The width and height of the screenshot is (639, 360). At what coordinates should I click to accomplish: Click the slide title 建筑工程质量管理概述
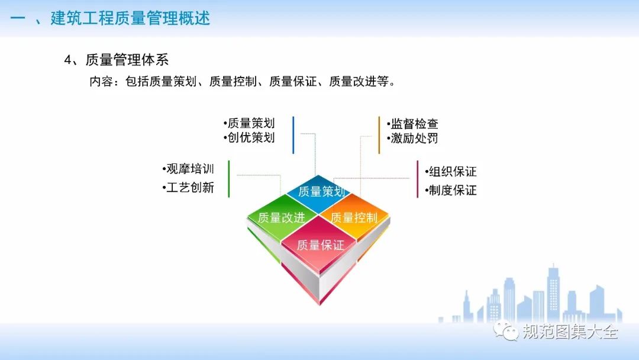130,18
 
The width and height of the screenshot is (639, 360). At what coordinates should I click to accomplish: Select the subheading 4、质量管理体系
116,60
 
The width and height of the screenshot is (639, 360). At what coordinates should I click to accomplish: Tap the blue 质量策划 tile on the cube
318,192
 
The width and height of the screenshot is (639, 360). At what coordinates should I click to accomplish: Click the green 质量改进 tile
282,218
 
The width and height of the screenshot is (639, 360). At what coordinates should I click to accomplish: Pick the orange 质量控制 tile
354,217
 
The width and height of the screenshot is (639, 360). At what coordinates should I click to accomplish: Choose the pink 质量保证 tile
320,245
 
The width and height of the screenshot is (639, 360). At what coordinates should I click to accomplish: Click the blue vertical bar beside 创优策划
293,136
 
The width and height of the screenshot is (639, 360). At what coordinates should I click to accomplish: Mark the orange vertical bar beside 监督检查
379,136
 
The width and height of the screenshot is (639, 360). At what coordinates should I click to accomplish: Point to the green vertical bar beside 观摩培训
228,179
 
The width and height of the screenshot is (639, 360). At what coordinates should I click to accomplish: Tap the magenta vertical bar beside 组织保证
417,179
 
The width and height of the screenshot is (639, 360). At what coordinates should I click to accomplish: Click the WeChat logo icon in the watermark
506,330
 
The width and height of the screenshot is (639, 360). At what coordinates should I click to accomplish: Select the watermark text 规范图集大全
570,332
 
